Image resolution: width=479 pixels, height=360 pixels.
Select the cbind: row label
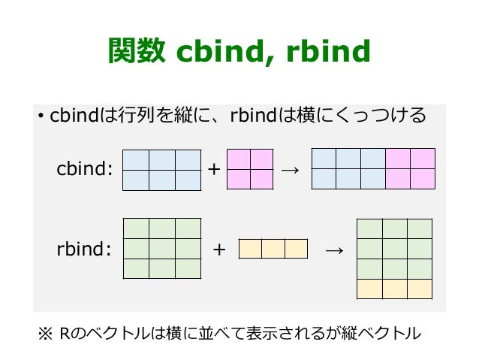coord(85,169)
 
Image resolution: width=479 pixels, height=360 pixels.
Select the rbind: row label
coord(84,249)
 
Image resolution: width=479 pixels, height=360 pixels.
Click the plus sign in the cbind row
coord(214,170)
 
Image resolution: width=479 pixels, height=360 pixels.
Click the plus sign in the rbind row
coord(219,249)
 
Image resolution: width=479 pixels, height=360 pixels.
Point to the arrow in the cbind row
coord(289,170)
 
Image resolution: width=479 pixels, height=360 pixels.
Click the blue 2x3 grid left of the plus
coord(161,170)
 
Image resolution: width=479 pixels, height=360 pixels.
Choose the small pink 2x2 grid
coord(249,170)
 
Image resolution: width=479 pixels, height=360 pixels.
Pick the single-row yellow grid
coord(273,249)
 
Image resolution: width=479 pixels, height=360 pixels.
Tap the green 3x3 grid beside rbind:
coord(161,249)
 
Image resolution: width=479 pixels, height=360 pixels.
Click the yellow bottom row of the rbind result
coord(394,289)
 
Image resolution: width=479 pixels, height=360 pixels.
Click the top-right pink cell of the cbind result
coord(423,159)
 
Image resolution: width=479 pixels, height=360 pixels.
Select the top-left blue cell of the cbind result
coord(324,159)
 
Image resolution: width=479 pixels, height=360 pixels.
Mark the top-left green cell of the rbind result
coord(369,229)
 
